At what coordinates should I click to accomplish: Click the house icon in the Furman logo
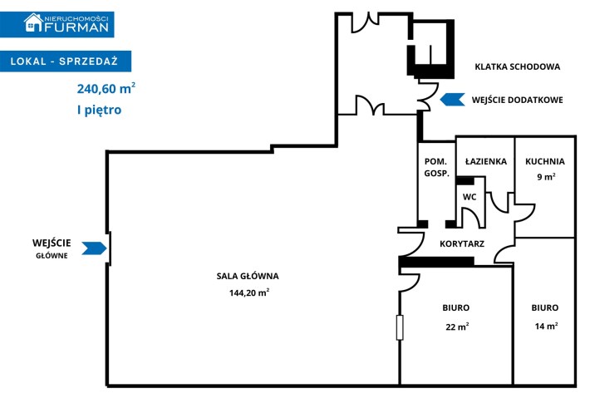tap(33, 22)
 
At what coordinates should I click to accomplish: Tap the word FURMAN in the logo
tap(76, 27)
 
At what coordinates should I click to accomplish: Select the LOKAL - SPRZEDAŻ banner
tap(66, 61)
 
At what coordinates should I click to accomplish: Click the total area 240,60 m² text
tap(106, 88)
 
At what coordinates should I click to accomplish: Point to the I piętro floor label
tap(100, 111)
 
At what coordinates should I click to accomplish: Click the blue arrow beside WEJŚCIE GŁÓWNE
tap(94, 248)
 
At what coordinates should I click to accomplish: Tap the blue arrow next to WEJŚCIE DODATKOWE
tap(452, 100)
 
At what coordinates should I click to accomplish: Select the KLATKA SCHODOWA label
tap(518, 67)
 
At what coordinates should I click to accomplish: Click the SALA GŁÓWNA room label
tap(248, 276)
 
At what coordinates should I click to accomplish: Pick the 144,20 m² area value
tap(249, 292)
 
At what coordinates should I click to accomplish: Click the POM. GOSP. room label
tap(436, 167)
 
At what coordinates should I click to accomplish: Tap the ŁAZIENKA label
tap(486, 161)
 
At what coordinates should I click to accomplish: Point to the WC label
tap(470, 197)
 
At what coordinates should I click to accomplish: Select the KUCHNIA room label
tap(545, 161)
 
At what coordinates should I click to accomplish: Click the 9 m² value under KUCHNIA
tap(546, 176)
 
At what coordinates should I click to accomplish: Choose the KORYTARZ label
tap(462, 243)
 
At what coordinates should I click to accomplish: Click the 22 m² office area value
tap(457, 327)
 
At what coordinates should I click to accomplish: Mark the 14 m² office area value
tap(546, 326)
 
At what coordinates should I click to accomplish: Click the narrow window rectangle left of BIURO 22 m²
tap(400, 327)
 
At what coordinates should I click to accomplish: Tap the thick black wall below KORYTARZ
tap(436, 262)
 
